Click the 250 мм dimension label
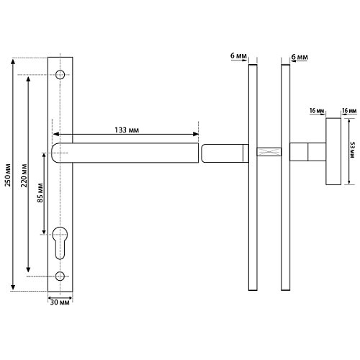[x=8, y=175]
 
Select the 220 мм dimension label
[x=24, y=176]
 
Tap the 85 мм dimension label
[x=40, y=193]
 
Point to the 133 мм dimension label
[x=127, y=130]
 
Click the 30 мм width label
[x=60, y=302]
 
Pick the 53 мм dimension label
[x=352, y=150]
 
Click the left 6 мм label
[x=238, y=55]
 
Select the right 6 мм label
[x=300, y=57]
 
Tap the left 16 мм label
[x=317, y=111]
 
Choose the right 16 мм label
[x=349, y=111]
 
